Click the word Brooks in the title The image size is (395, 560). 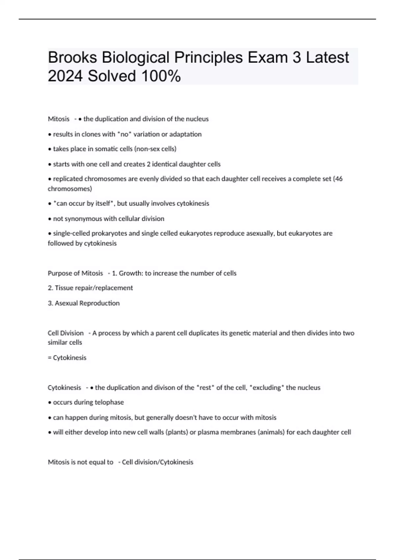click(x=72, y=58)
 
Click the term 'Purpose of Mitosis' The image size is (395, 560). click(x=75, y=273)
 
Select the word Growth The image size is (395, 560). click(x=130, y=273)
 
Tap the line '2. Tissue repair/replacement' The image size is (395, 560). click(x=90, y=288)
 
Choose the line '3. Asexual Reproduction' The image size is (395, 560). click(x=84, y=303)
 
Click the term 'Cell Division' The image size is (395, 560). click(x=66, y=333)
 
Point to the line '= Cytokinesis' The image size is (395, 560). click(x=67, y=358)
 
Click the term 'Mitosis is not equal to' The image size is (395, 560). click(x=80, y=462)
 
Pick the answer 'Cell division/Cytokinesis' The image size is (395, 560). click(x=158, y=462)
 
